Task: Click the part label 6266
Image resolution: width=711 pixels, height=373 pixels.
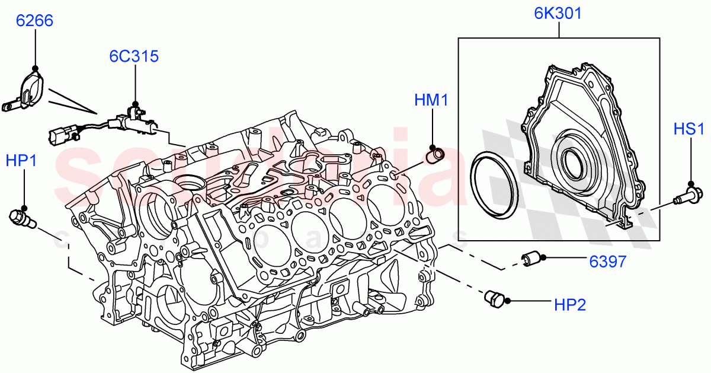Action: pos(34,21)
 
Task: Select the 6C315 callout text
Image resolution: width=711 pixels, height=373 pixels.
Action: pos(133,56)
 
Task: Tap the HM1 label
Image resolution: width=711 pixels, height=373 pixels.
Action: pos(431,101)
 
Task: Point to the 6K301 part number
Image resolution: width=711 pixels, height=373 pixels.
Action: pos(558,14)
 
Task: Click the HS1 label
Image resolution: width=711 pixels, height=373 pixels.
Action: pos(689,129)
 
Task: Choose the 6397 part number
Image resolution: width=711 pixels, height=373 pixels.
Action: pos(607,262)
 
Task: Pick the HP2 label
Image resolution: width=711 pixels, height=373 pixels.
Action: pos(569,305)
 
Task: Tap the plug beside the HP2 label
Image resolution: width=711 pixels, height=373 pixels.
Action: pos(493,299)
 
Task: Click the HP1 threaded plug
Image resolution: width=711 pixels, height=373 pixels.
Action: pos(21,218)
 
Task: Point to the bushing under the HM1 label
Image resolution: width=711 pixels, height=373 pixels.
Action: pos(435,155)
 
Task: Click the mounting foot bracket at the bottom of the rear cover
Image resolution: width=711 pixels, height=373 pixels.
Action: pos(622,222)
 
